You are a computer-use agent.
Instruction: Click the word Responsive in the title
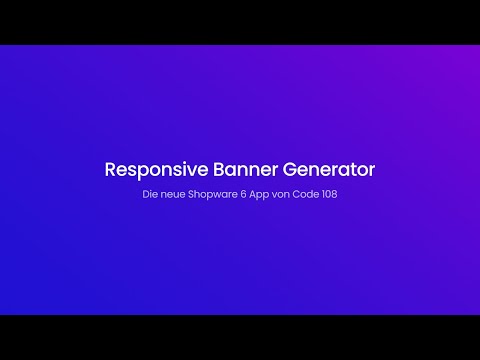click(x=152, y=169)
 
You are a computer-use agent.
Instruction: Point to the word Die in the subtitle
click(x=150, y=194)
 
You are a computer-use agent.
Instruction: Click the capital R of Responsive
click(x=111, y=169)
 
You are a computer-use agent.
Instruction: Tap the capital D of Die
click(x=146, y=194)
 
